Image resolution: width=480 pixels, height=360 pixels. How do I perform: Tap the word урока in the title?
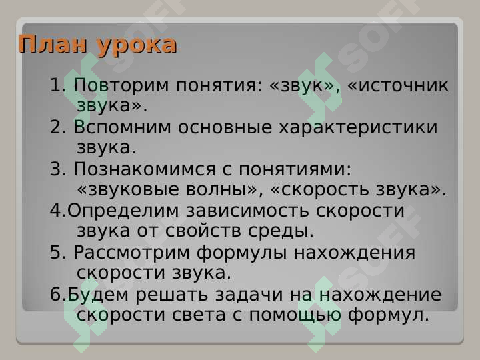tap(137, 46)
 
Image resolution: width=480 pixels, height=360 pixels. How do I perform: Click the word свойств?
tap(195, 231)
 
